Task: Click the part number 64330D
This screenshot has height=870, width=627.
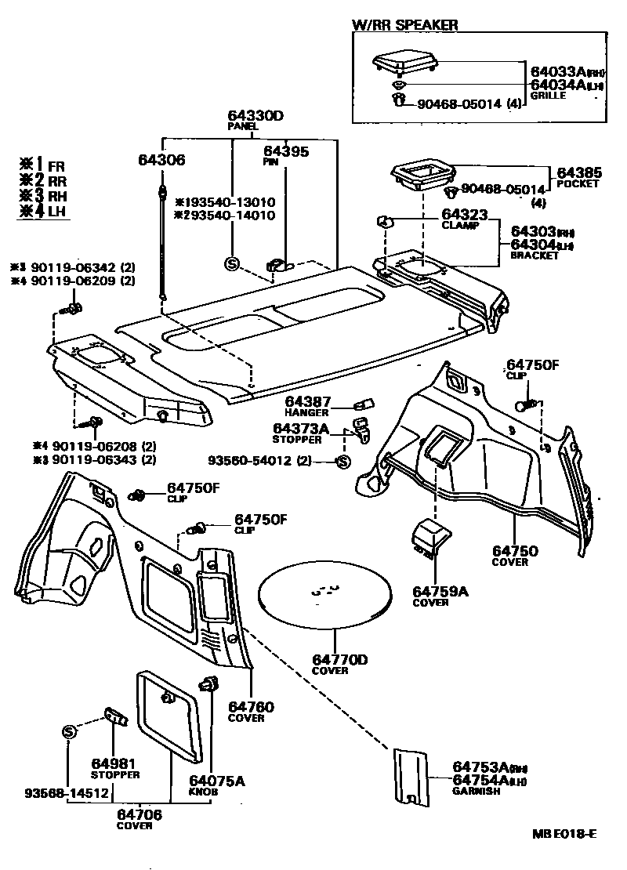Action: pos(256,116)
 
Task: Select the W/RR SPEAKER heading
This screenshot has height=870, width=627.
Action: pos(404,24)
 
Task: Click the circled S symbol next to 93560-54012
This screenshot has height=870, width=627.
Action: pos(342,462)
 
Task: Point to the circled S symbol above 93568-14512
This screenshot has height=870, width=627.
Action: pos(69,731)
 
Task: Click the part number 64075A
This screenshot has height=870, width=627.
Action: pos(217,781)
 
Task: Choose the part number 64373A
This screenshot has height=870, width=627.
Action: pos(301,428)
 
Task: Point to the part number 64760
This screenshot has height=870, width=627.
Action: pos(252,707)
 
